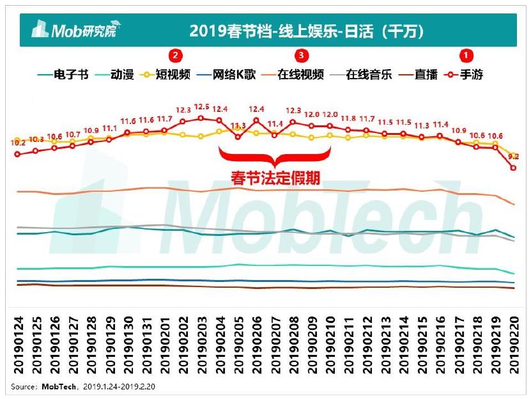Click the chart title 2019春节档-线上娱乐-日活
click(307, 30)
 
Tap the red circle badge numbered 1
click(468, 55)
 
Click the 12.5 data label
click(202, 107)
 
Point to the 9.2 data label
click(514, 156)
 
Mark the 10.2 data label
click(17, 143)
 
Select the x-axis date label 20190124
click(19, 345)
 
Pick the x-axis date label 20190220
click(514, 345)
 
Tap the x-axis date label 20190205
click(238, 345)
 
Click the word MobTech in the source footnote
click(60, 386)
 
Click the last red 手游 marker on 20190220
click(513, 168)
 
